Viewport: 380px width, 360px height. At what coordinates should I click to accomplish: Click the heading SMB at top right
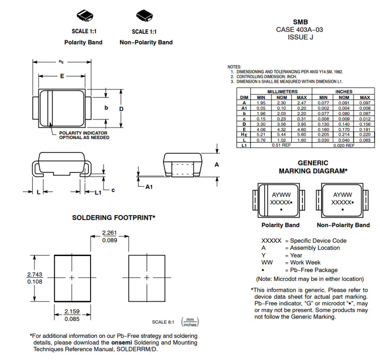(300, 22)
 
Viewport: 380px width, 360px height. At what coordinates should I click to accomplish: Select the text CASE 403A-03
(300, 30)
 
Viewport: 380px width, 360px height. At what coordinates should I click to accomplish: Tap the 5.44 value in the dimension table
(281, 135)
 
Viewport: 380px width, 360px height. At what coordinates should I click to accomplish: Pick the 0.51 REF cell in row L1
(281, 145)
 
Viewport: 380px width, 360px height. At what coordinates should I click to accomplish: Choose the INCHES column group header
(344, 92)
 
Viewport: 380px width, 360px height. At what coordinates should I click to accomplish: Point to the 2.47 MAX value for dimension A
(302, 103)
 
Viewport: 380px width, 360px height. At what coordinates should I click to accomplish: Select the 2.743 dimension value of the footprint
(35, 274)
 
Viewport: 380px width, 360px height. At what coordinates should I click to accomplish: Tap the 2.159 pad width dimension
(72, 311)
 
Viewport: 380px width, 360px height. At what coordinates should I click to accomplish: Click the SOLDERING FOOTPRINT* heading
(114, 217)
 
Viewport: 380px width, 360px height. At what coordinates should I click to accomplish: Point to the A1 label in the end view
(149, 187)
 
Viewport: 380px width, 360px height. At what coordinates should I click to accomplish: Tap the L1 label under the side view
(98, 192)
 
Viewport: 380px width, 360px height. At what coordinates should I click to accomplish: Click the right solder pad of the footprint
(146, 277)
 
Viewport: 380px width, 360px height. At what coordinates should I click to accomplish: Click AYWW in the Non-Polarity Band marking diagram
(342, 195)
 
